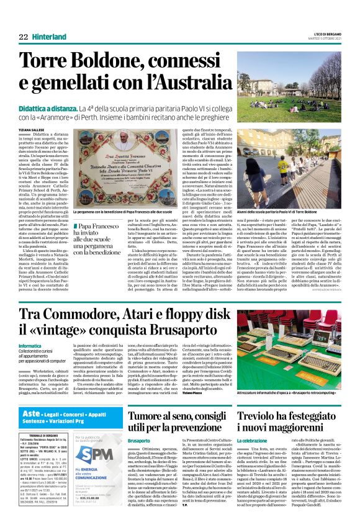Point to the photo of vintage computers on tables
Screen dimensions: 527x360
[289, 331]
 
